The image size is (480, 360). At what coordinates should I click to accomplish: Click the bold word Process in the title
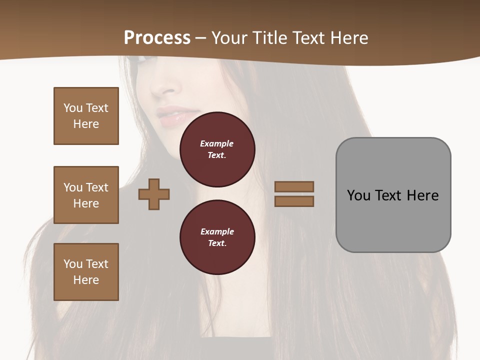pyautogui.click(x=157, y=38)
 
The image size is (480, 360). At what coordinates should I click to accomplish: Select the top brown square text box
pyautogui.click(x=86, y=116)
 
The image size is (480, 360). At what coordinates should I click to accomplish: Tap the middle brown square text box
pyautogui.click(x=86, y=195)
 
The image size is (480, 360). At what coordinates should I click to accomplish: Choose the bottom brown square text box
pyautogui.click(x=86, y=272)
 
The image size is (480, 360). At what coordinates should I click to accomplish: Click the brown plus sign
pyautogui.click(x=154, y=194)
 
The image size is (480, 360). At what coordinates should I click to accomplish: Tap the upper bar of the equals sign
pyautogui.click(x=294, y=186)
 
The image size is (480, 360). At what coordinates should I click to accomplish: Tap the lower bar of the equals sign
pyautogui.click(x=294, y=201)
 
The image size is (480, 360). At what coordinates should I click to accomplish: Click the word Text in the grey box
pyautogui.click(x=390, y=195)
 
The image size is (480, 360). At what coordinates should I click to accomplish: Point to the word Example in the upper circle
pyautogui.click(x=217, y=143)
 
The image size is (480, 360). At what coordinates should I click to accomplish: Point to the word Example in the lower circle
pyautogui.click(x=217, y=231)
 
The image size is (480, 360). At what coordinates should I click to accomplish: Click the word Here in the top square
pyautogui.click(x=86, y=124)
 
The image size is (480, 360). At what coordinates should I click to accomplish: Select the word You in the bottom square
pyautogui.click(x=72, y=263)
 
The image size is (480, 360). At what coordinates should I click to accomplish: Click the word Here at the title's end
pyautogui.click(x=348, y=38)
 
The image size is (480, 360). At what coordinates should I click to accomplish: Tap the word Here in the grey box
pyautogui.click(x=423, y=195)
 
